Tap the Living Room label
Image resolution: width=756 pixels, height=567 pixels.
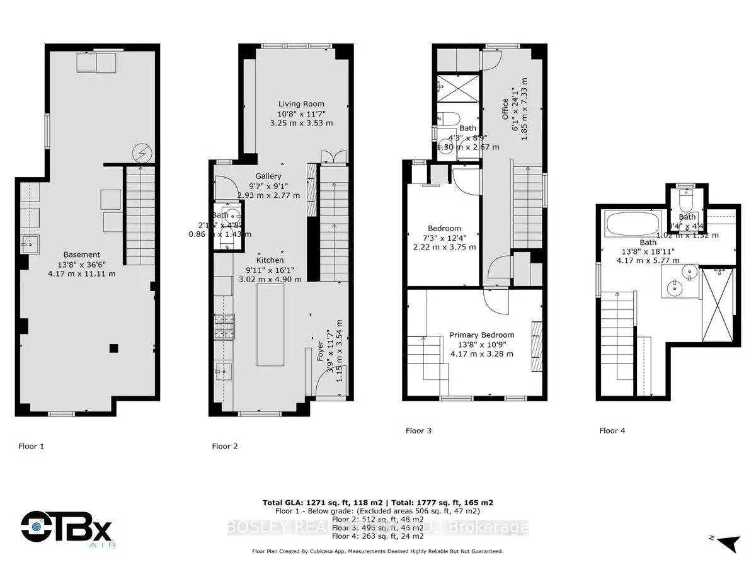pyautogui.click(x=301, y=104)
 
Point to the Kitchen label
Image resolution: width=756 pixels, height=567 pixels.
pyautogui.click(x=270, y=260)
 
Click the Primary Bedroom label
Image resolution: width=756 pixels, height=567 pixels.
pyautogui.click(x=481, y=335)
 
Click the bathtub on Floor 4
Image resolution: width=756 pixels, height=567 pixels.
pyautogui.click(x=632, y=223)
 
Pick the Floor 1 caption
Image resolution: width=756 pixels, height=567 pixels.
pyautogui.click(x=31, y=446)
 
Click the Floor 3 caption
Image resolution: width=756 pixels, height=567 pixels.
pyautogui.click(x=418, y=431)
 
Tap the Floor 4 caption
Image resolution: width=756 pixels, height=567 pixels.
pyautogui.click(x=612, y=431)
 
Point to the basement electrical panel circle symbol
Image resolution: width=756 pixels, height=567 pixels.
pyautogui.click(x=140, y=152)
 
